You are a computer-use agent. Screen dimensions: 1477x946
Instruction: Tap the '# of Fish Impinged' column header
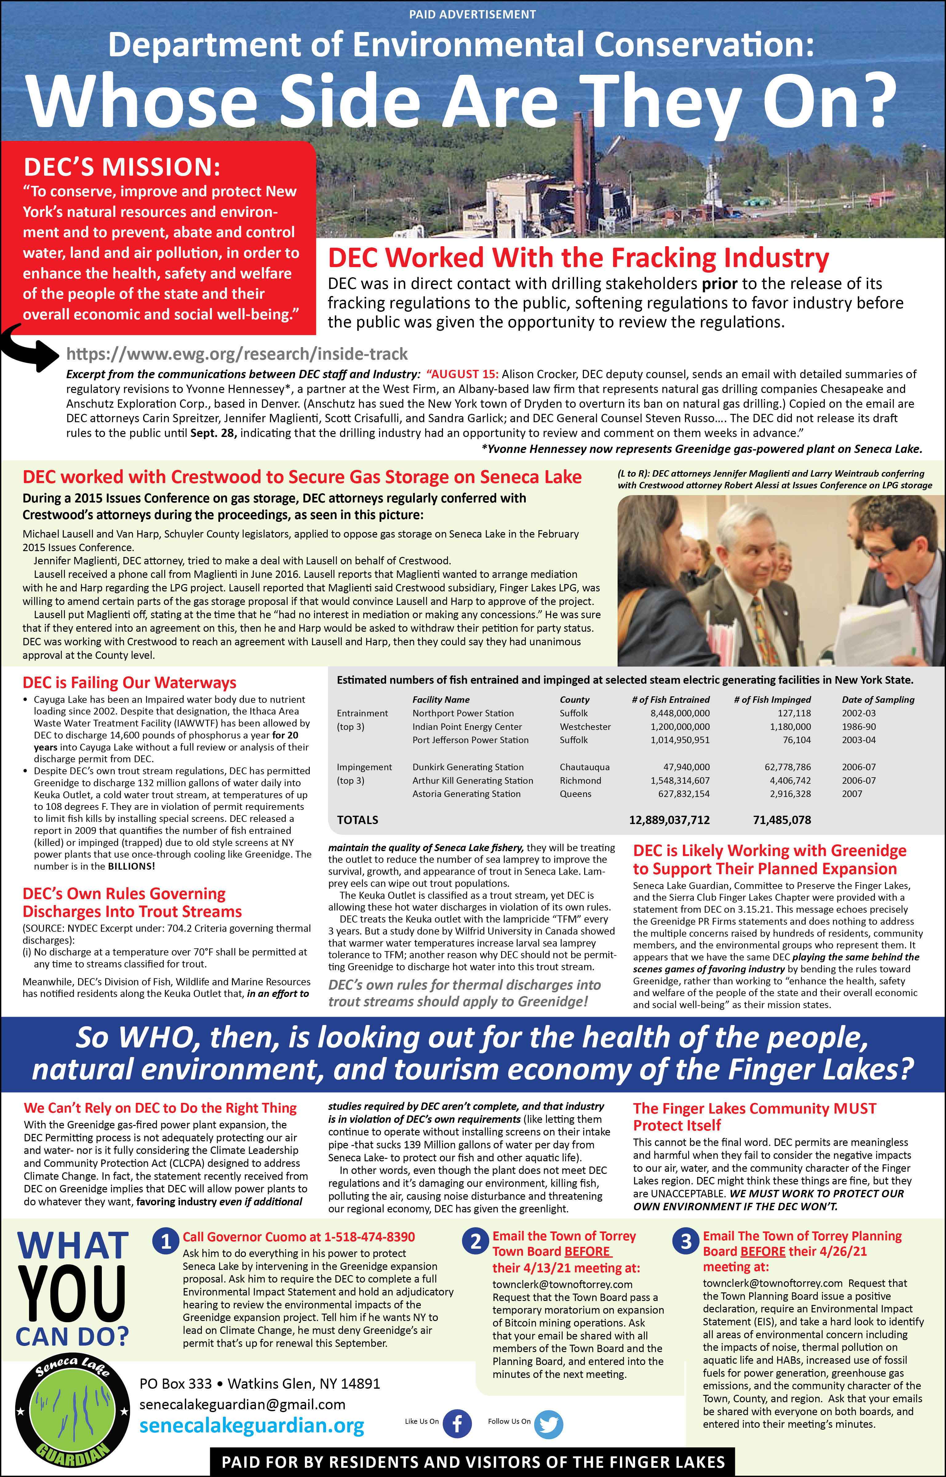tap(772, 700)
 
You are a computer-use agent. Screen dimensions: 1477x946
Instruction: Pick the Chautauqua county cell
tap(584, 767)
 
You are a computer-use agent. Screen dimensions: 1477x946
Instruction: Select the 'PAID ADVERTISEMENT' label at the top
tap(473, 14)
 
